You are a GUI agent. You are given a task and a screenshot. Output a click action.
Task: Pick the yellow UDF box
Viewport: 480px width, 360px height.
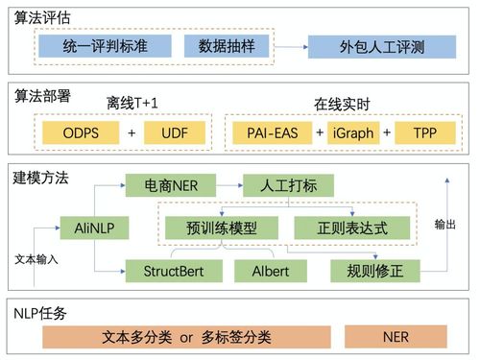176,132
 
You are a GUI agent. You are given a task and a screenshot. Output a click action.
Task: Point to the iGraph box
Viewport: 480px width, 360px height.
348,132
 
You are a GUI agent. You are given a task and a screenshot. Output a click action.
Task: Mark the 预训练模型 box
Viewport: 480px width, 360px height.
220,228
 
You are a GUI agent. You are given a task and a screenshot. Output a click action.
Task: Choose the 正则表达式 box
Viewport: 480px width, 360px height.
351,228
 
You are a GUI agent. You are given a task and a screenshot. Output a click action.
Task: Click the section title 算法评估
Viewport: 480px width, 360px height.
41,16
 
